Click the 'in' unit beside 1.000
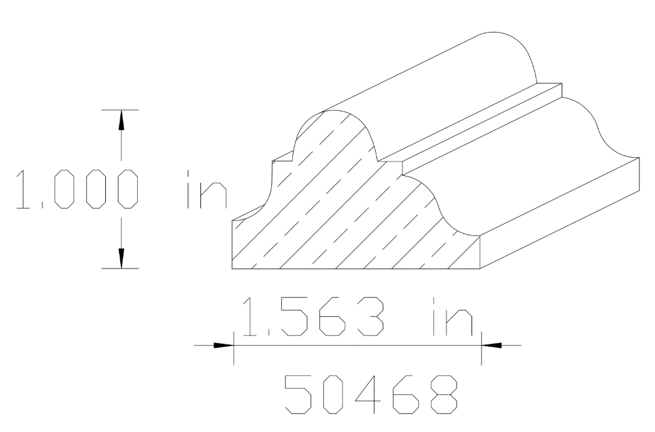point(207,188)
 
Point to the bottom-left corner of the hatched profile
point(233,268)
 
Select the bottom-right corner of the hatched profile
point(480,268)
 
